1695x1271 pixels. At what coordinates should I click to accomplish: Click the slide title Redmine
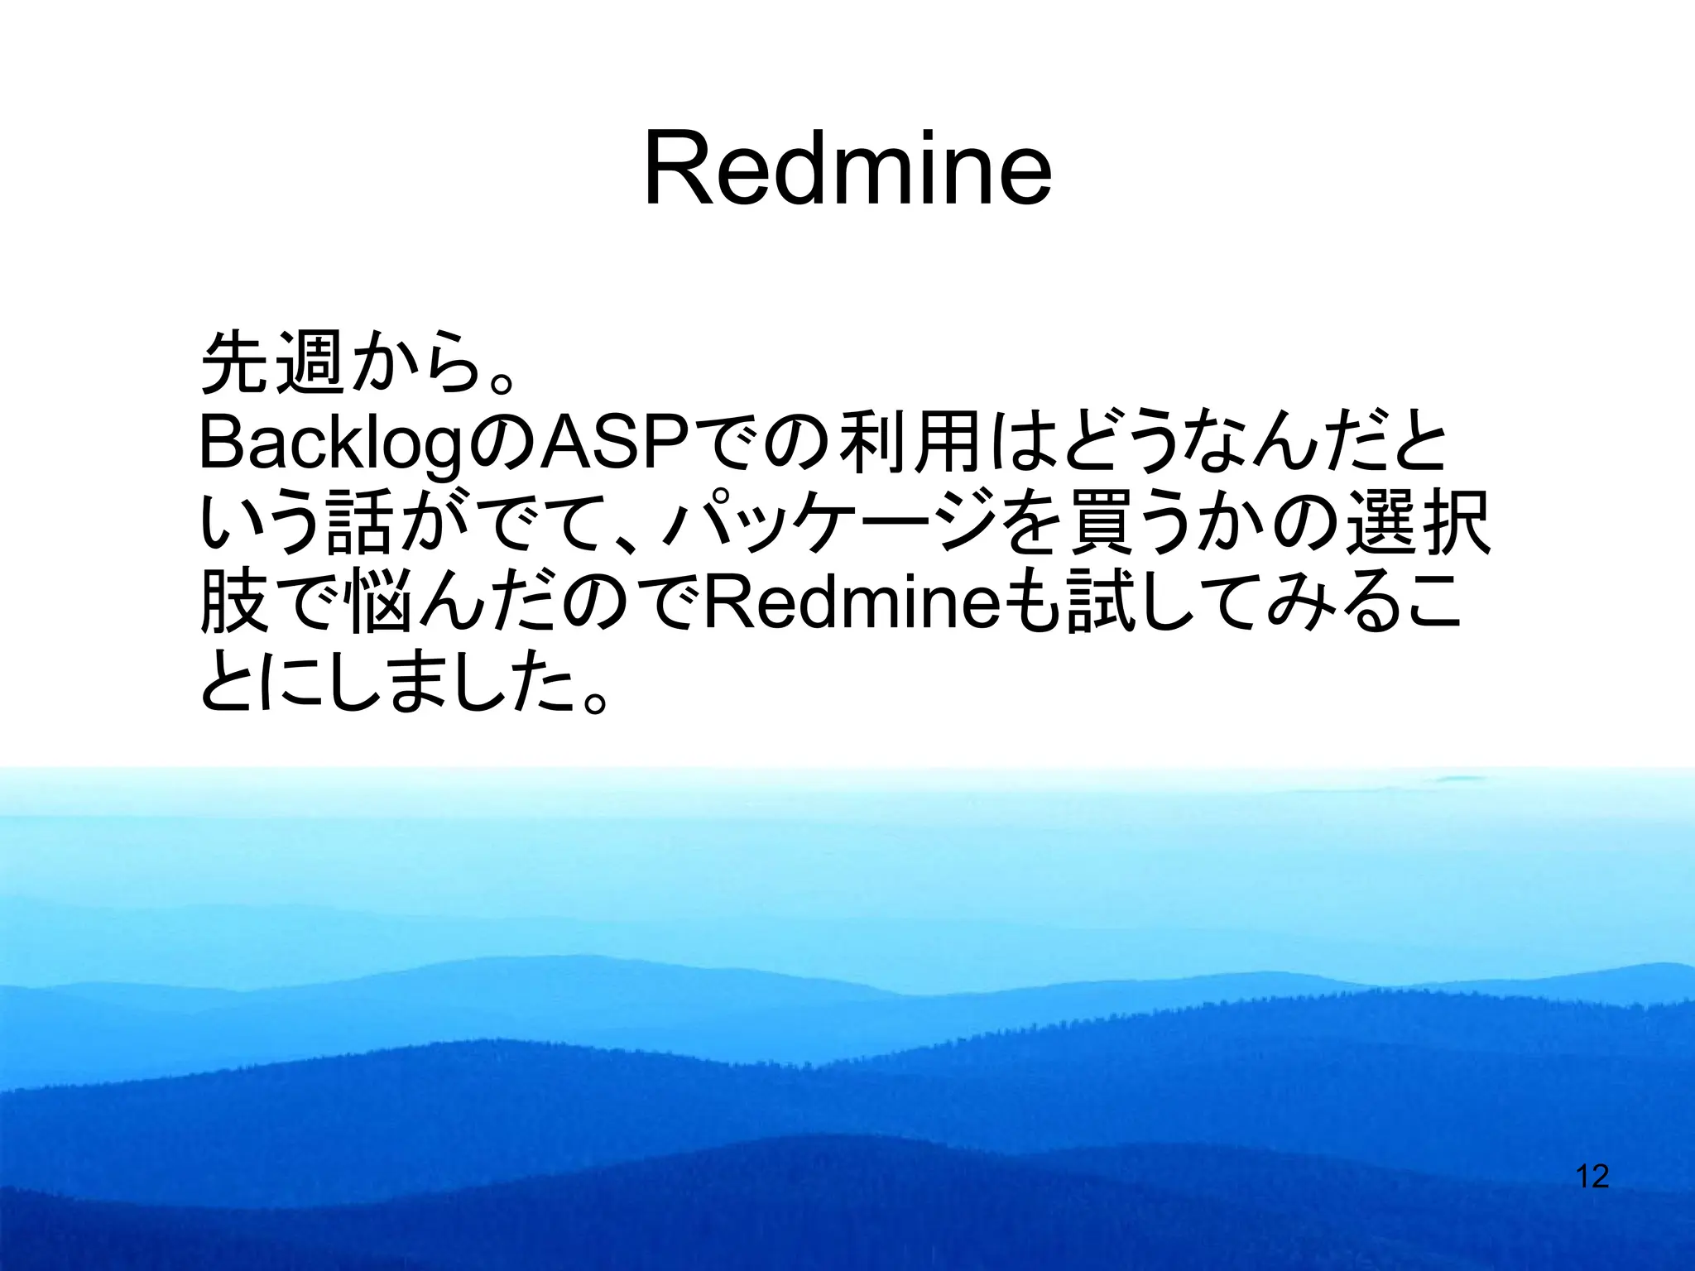point(847,170)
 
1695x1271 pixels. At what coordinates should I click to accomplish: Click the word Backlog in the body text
point(332,444)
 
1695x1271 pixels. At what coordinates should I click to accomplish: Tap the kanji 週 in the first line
point(310,363)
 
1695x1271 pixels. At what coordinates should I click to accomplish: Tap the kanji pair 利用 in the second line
point(910,444)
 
